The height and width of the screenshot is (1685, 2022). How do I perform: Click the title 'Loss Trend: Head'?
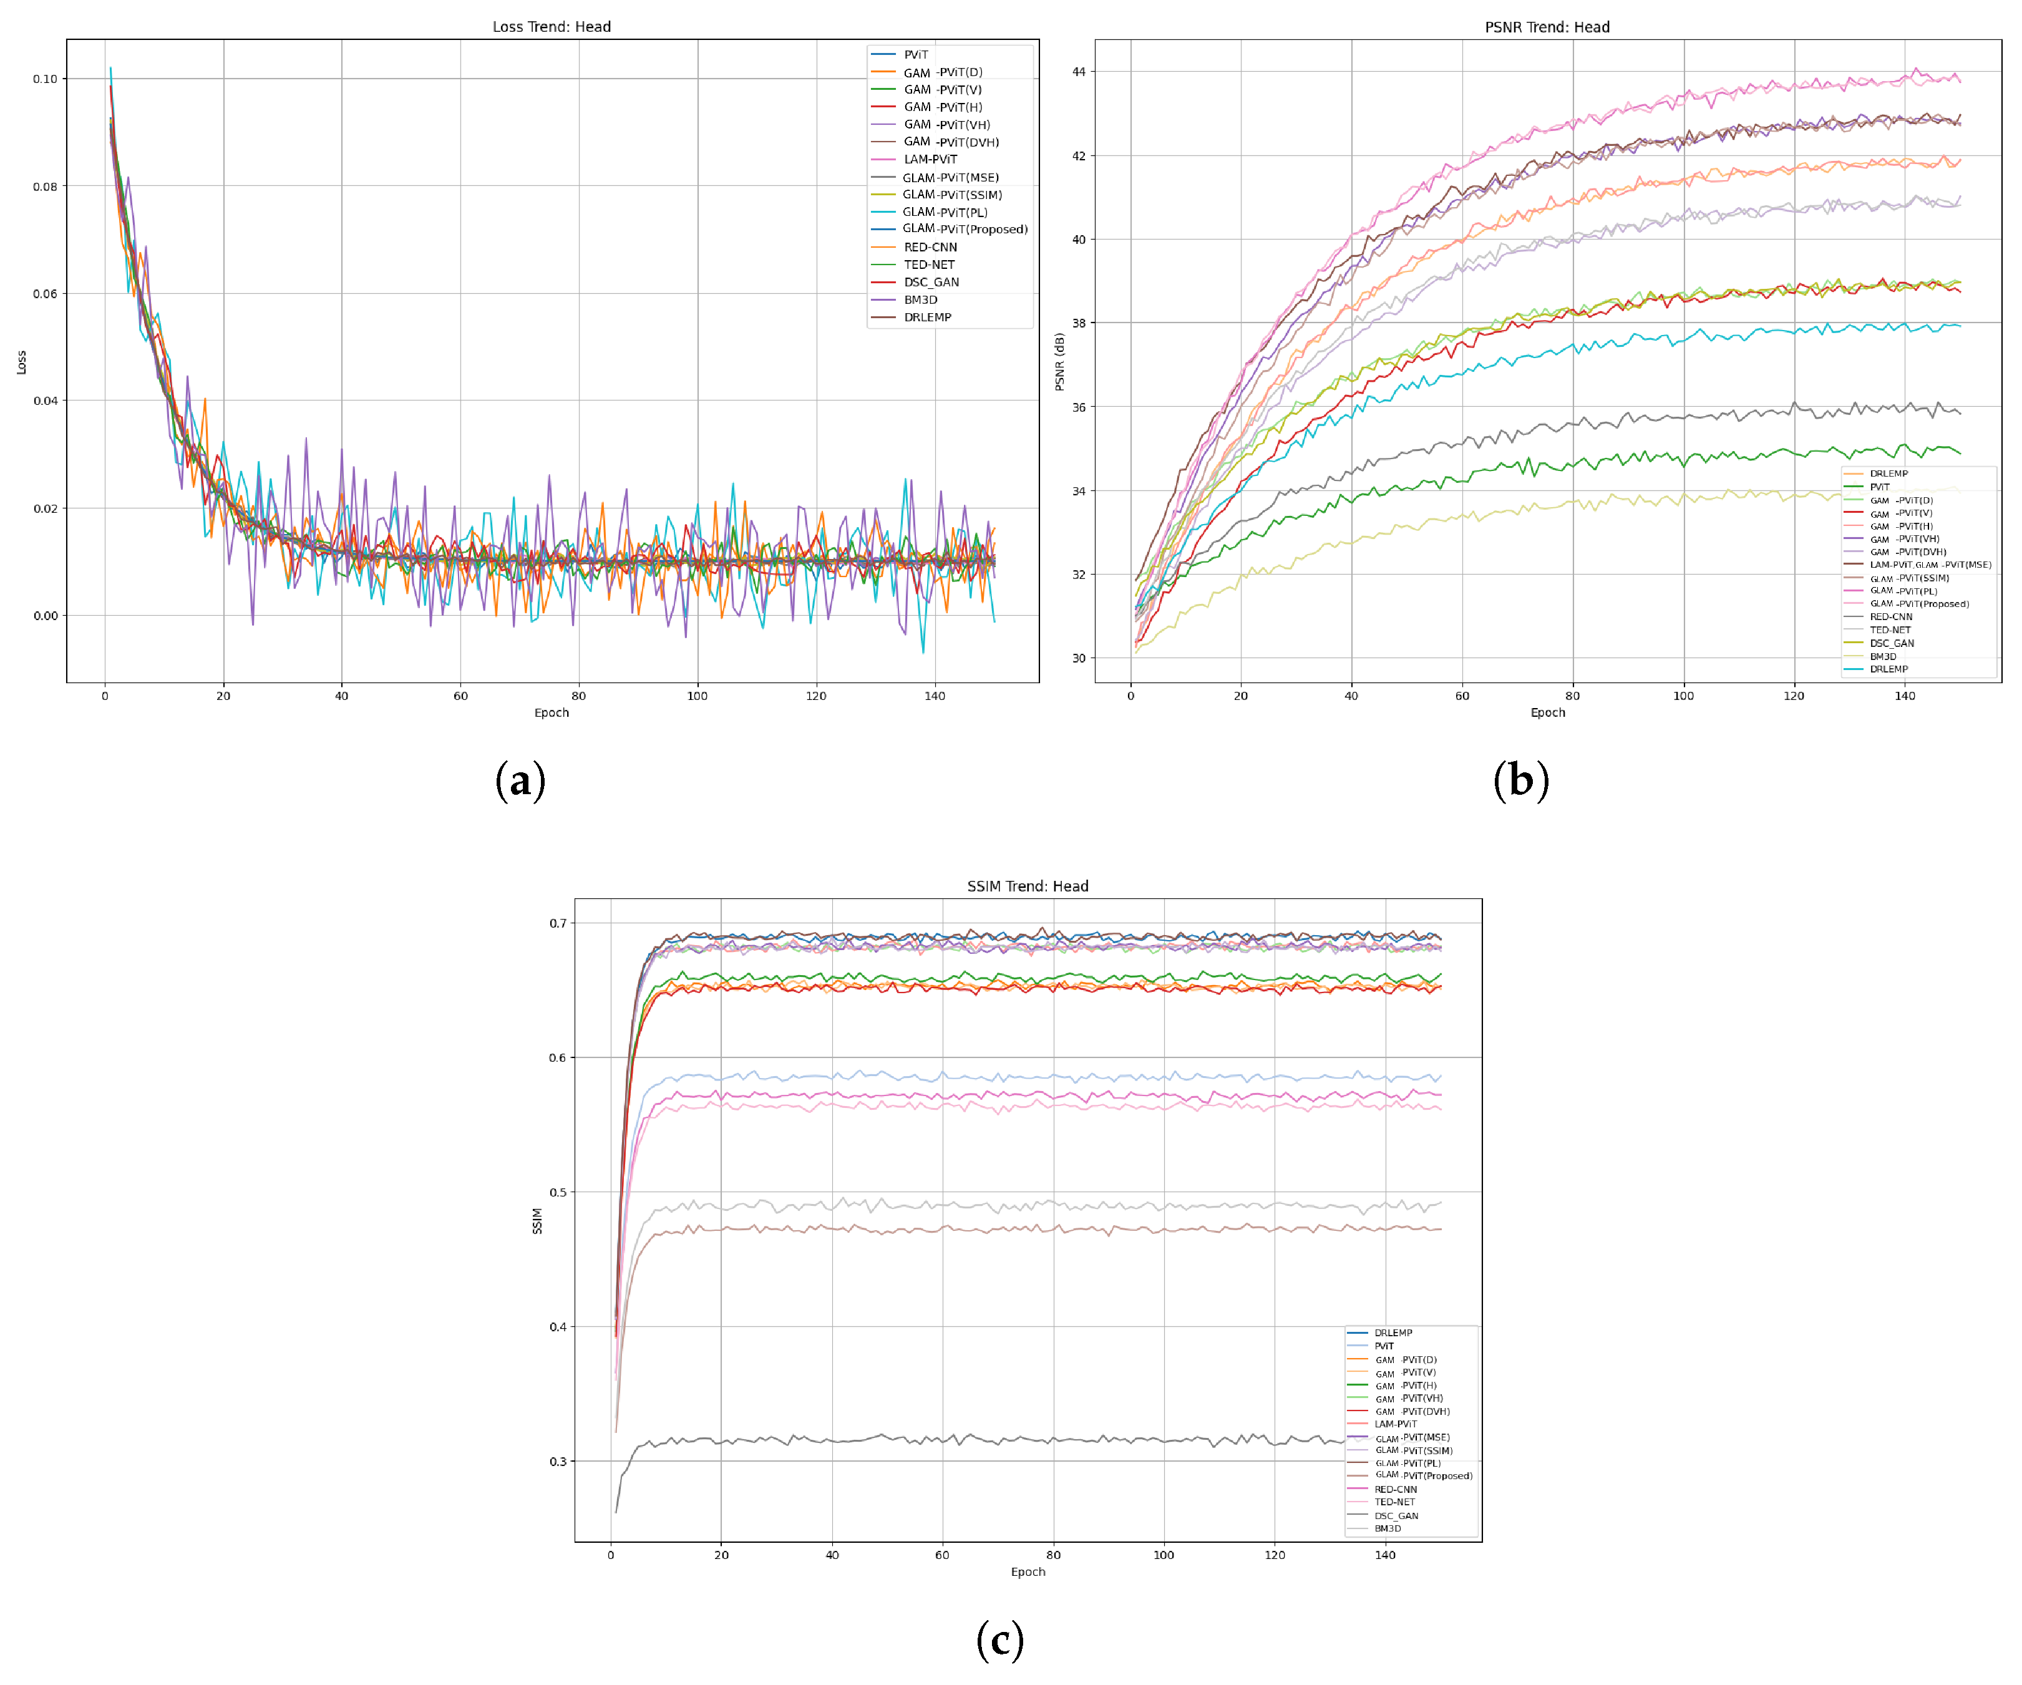click(552, 27)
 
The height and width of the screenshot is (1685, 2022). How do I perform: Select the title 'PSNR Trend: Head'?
click(1547, 27)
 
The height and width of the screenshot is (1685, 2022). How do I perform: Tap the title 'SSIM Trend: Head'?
click(1028, 886)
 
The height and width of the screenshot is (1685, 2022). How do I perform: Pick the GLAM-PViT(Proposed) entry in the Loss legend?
click(964, 229)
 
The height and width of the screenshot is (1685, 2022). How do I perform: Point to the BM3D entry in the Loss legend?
click(920, 299)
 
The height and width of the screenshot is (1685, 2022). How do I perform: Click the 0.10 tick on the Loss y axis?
click(46, 79)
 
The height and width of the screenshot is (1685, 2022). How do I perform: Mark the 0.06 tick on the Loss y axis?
click(46, 294)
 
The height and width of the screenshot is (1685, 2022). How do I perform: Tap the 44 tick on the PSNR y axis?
click(1079, 72)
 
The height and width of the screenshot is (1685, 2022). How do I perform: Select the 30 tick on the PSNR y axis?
click(1079, 659)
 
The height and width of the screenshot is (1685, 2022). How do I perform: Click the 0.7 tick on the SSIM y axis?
click(558, 923)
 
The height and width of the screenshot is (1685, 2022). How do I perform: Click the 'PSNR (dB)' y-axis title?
click(1059, 362)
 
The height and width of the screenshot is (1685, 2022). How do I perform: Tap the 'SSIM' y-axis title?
click(537, 1221)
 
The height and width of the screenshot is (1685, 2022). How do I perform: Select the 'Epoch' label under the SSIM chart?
click(1028, 1572)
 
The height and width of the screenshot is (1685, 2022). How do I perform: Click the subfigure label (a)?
click(520, 780)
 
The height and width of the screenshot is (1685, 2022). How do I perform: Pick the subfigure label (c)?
click(999, 1639)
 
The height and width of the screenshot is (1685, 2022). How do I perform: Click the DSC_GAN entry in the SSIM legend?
click(1395, 1515)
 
